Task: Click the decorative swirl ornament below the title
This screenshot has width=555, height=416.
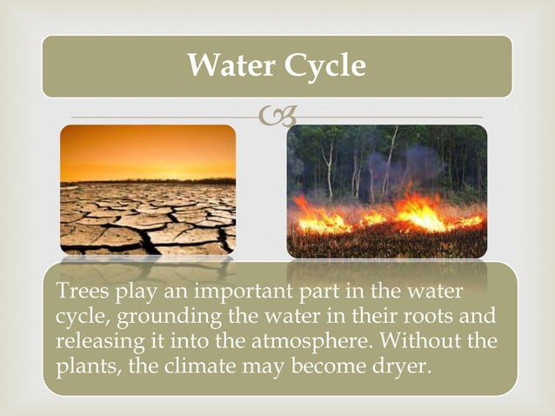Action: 277,116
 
